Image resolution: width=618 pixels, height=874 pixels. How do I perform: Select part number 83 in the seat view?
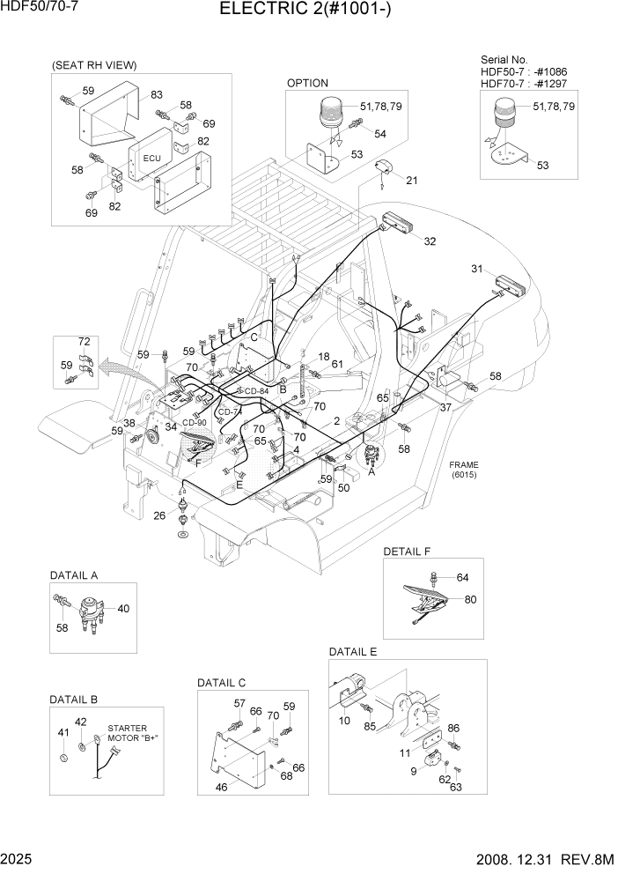pos(157,94)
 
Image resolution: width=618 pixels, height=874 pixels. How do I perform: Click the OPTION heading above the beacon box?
pos(307,83)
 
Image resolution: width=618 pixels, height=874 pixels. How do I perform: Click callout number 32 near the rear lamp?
pos(429,241)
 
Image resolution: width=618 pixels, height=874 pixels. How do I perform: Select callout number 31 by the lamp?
pos(477,269)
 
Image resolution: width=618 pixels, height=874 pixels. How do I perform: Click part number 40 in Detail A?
pos(122,608)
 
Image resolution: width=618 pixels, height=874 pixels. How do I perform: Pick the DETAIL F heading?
pos(407,552)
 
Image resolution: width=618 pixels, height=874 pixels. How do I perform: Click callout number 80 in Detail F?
pos(470,599)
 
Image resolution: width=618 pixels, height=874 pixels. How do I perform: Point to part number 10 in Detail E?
pos(344,720)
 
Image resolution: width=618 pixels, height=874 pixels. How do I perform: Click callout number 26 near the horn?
pos(158,515)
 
